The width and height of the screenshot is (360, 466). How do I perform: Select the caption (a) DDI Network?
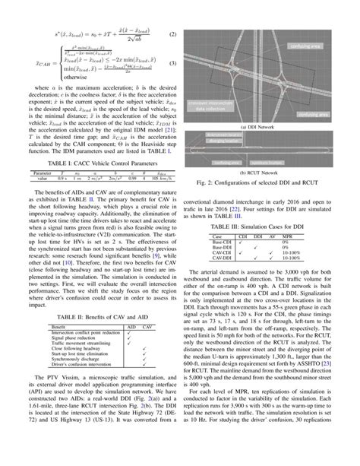[x=269, y=127]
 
